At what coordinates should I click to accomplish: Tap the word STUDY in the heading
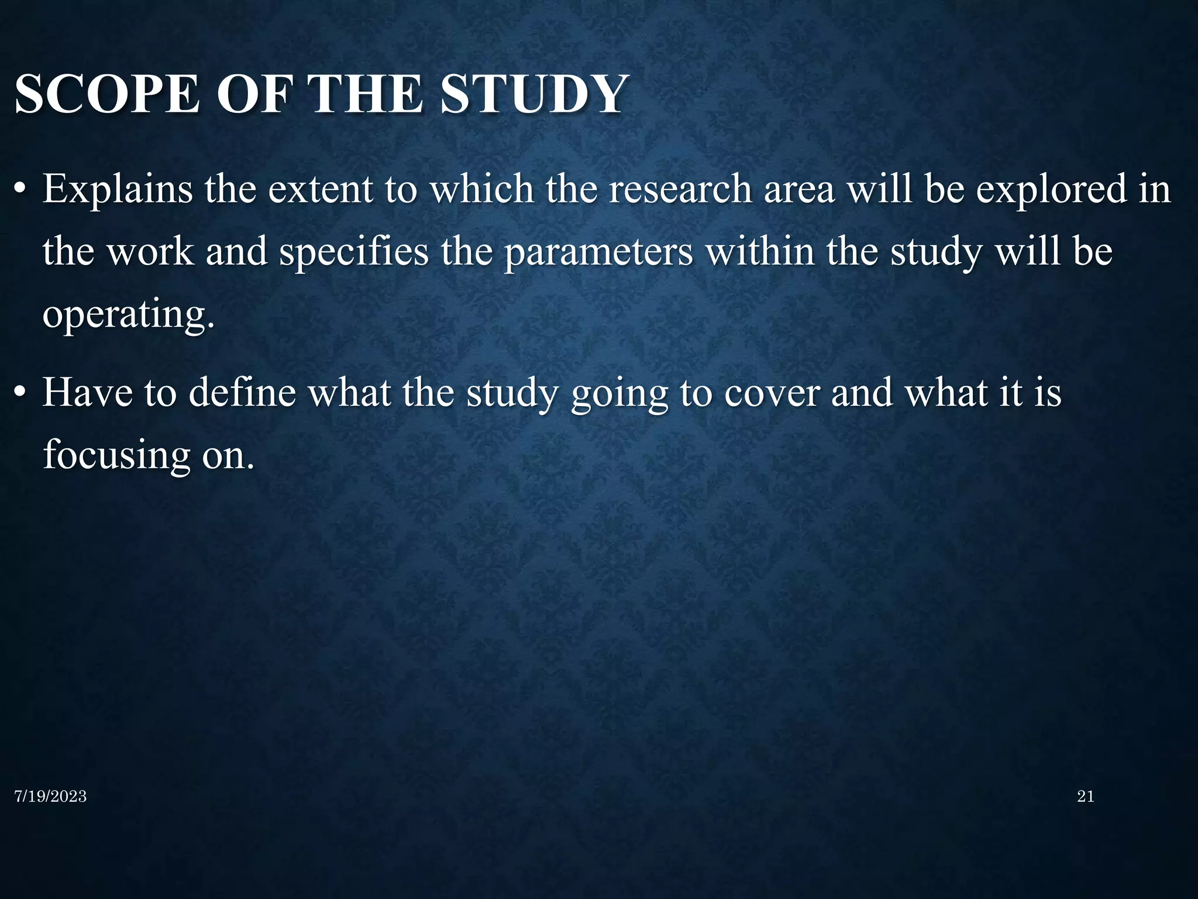532,94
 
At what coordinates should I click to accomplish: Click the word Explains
118,190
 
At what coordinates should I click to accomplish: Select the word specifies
354,252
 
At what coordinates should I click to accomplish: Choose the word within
760,252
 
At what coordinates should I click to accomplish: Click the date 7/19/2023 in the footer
50,797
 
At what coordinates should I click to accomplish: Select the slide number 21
1085,796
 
